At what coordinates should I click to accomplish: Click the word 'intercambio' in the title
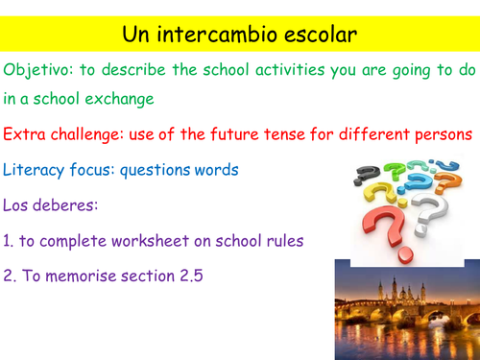pyautogui.click(x=218, y=36)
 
